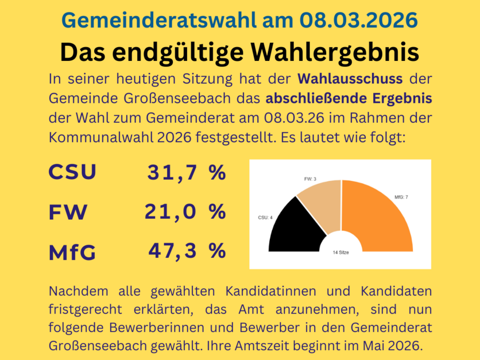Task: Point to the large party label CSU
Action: [72, 172]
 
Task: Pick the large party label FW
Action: [68, 212]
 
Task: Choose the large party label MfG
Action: [72, 252]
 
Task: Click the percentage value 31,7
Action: [173, 172]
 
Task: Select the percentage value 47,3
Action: [173, 251]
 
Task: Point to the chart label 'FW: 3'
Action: [311, 180]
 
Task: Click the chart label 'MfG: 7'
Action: [401, 197]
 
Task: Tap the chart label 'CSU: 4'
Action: [265, 218]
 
